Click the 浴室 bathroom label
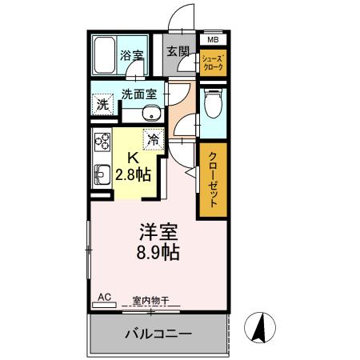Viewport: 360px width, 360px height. click(x=132, y=55)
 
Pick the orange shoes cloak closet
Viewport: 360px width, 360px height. click(x=212, y=62)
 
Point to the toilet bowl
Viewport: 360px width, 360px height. click(x=213, y=104)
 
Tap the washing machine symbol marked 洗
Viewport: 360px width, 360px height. click(x=102, y=104)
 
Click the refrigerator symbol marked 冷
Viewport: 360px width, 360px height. click(x=153, y=139)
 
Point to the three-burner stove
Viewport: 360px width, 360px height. click(x=102, y=143)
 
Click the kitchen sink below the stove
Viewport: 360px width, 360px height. click(x=102, y=171)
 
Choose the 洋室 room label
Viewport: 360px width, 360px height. click(x=158, y=232)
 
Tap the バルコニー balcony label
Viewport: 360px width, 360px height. click(x=158, y=333)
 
